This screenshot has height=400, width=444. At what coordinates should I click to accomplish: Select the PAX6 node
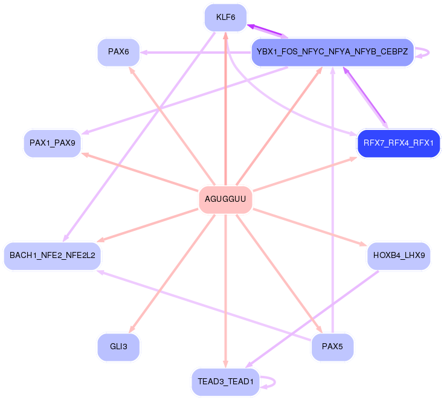118,52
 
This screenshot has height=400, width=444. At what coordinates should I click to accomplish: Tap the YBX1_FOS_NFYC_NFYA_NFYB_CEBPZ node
332,52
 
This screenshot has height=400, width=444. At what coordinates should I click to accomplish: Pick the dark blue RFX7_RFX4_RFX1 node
399,143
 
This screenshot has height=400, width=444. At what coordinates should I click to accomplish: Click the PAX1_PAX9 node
53,143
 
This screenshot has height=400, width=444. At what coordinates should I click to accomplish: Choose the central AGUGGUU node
225,199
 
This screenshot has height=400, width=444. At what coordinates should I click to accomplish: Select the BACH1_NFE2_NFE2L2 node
53,256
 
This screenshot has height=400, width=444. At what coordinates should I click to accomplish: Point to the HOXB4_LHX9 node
399,256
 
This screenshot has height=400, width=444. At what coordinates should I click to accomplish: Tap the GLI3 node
118,347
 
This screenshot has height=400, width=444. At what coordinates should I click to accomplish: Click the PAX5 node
332,347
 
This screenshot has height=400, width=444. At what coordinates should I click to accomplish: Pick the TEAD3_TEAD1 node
225,382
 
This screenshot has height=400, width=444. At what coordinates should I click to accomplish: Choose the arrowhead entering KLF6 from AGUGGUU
225,35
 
